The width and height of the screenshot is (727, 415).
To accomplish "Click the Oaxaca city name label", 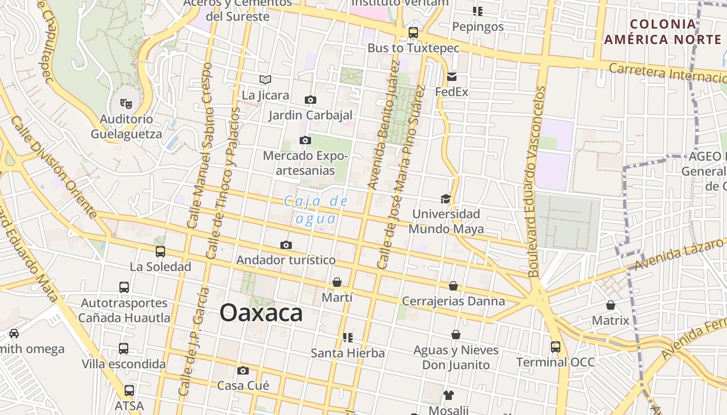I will [x=261, y=313].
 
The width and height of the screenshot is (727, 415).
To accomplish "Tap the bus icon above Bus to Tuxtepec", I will [x=413, y=32].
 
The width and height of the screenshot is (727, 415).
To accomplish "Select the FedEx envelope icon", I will [x=451, y=77].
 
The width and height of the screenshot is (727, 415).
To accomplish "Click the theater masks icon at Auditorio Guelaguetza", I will [x=126, y=104].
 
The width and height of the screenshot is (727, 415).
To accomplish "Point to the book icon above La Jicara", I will [x=265, y=79].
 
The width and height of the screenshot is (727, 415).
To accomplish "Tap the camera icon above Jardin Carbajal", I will [x=311, y=100].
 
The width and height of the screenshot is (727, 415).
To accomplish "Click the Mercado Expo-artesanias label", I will [x=305, y=163].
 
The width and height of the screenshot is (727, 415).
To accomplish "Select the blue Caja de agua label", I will [x=315, y=210].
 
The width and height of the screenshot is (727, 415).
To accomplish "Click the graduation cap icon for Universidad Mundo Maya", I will [x=446, y=199].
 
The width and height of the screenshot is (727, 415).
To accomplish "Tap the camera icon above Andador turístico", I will [x=286, y=245].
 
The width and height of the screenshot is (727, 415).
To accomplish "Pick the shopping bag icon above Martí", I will [x=337, y=282].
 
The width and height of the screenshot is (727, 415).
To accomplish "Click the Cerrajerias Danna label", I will [x=453, y=301].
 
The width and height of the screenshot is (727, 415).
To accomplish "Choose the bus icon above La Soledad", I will [x=160, y=252].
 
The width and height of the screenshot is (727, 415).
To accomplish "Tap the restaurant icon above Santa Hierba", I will [x=348, y=338].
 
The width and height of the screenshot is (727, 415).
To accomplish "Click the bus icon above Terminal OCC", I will [x=556, y=347].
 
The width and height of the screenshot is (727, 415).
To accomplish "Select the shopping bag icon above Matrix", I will [x=611, y=305].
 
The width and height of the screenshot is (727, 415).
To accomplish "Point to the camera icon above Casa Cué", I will [x=243, y=370].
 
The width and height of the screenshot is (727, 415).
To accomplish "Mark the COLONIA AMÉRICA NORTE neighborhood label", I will [x=663, y=32].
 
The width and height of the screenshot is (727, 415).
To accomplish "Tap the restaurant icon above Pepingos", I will [x=478, y=11].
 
